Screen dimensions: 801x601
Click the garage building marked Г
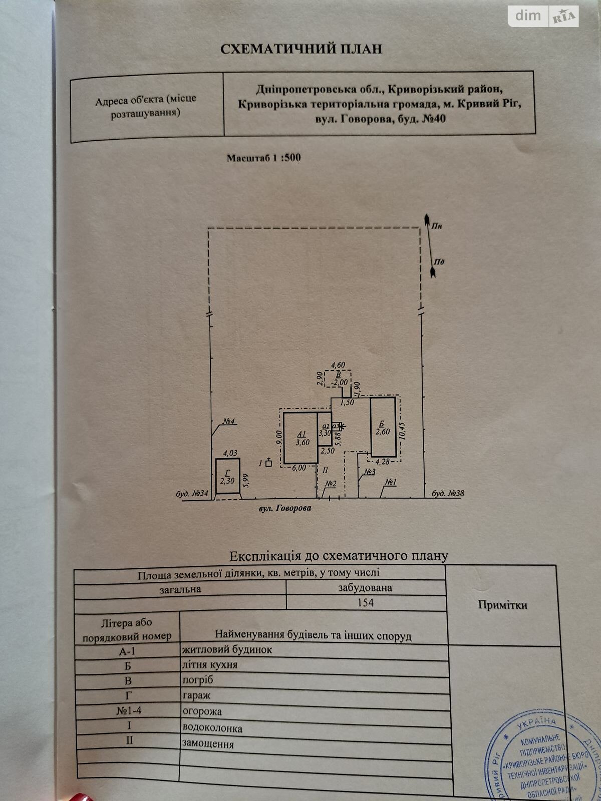pos(227,477)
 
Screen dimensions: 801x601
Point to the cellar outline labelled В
pos(338,378)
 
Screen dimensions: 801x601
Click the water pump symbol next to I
pos(268,463)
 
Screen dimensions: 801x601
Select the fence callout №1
pos(391,482)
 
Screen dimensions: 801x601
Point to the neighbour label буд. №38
pos(448,493)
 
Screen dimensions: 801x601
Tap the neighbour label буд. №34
pos(192,494)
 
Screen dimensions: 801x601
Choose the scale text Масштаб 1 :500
pos(263,158)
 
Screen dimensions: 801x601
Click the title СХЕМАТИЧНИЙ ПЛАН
pos(301,49)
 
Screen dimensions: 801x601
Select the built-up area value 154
pos(365,602)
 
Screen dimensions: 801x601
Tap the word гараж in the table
pos(196,695)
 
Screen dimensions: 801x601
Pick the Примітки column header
pos(502,605)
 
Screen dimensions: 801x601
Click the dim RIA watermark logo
pos(543,16)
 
